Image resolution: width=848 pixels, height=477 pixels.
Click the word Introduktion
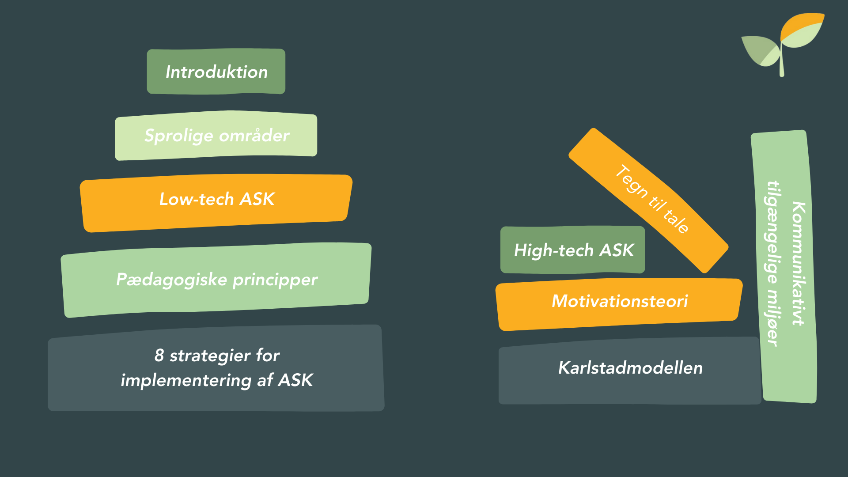216,72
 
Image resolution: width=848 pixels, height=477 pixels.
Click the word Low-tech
197,199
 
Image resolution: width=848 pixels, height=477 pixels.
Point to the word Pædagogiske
171,280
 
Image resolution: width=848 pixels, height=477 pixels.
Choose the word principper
275,280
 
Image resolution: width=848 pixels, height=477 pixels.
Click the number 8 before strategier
159,356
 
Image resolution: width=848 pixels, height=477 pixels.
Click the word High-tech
553,251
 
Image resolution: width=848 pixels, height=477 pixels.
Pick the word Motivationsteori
620,301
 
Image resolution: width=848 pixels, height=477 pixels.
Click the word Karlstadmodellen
630,368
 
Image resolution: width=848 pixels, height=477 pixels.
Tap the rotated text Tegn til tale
652,199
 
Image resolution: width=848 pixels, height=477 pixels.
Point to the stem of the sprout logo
782,64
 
